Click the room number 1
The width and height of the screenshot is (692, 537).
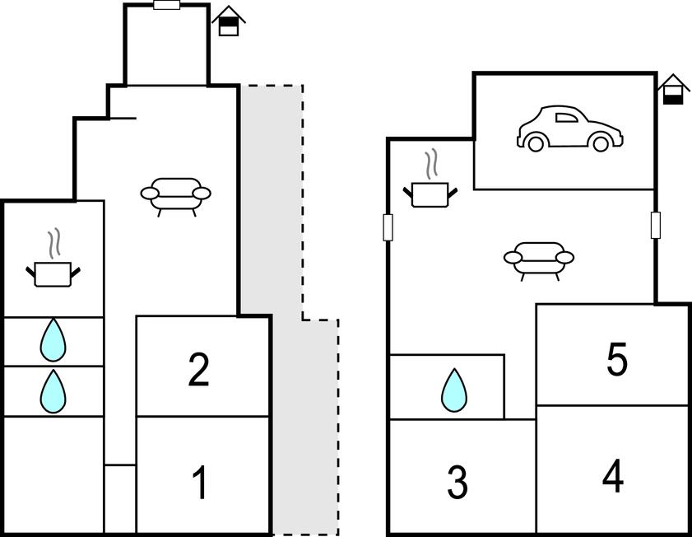pyautogui.click(x=199, y=483)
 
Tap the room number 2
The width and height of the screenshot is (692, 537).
pyautogui.click(x=198, y=370)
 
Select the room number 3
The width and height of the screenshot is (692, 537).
pyautogui.click(x=457, y=483)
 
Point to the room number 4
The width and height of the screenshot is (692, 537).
pyautogui.click(x=612, y=476)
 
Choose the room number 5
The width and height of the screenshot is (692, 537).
pyautogui.click(x=616, y=360)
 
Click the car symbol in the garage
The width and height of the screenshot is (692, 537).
pyautogui.click(x=569, y=128)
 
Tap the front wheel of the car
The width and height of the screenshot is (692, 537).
pyautogui.click(x=601, y=143)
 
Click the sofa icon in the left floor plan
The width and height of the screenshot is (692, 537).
pyautogui.click(x=175, y=195)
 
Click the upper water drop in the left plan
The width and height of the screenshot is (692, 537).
pyautogui.click(x=53, y=340)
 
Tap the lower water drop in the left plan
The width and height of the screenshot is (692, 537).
pyautogui.click(x=53, y=391)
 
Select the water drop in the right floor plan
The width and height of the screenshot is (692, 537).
pyautogui.click(x=453, y=390)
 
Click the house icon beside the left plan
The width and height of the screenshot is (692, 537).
pyautogui.click(x=229, y=21)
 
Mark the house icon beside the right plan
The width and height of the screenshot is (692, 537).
pyautogui.click(x=673, y=91)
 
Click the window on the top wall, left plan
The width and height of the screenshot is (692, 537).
pyautogui.click(x=167, y=5)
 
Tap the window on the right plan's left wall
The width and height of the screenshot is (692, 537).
pyautogui.click(x=388, y=227)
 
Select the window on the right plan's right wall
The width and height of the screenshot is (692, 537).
pyautogui.click(x=656, y=225)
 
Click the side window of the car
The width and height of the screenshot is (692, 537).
pyautogui.click(x=567, y=117)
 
